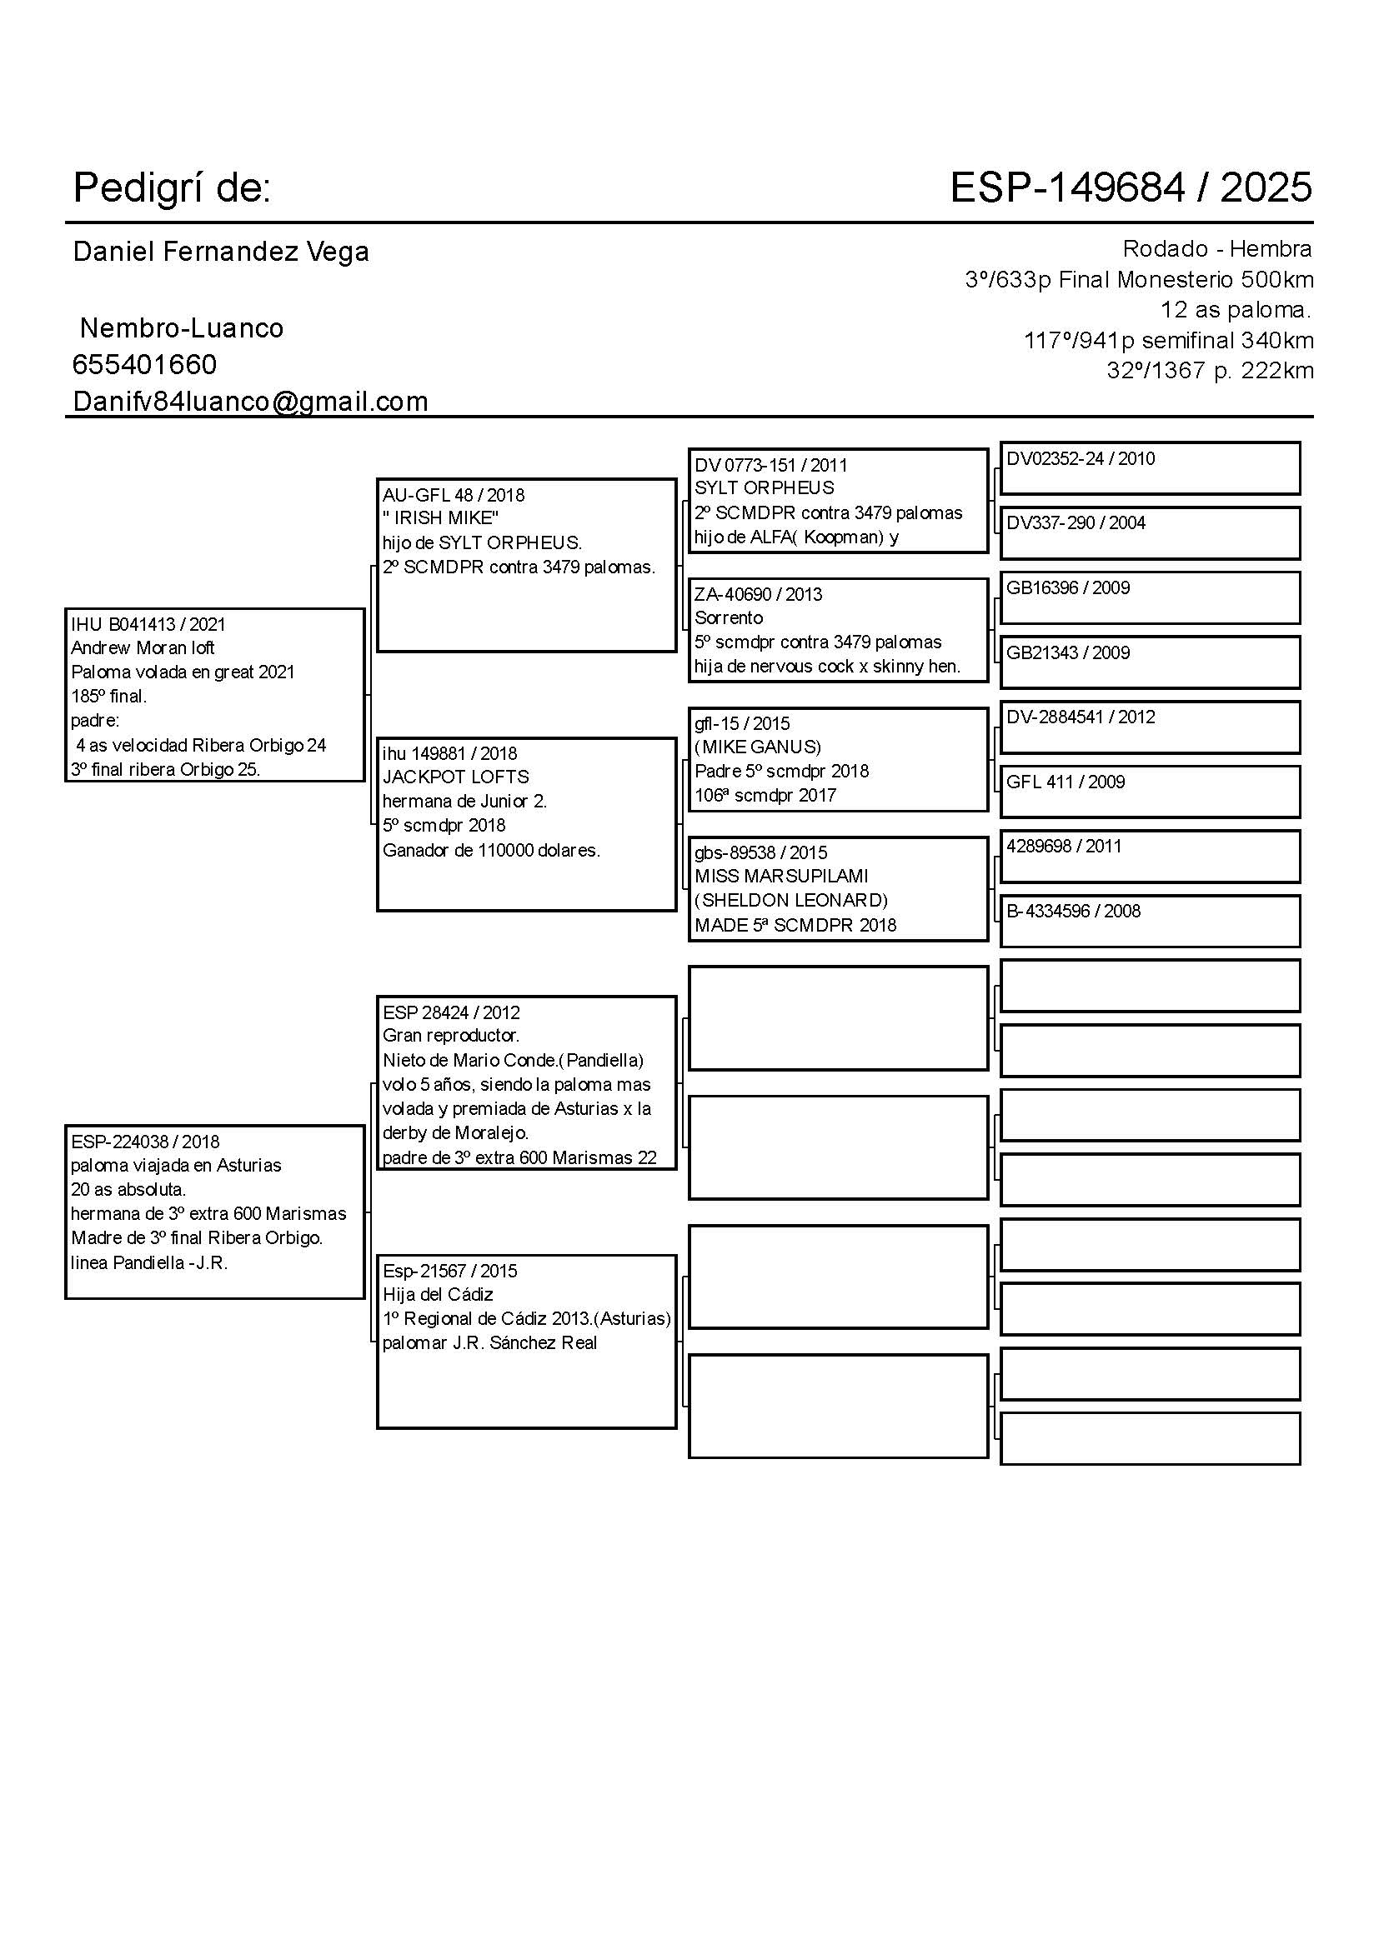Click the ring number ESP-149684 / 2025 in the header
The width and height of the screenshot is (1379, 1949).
pyautogui.click(x=1131, y=187)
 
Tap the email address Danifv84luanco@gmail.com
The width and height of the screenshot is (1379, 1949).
pyautogui.click(x=250, y=401)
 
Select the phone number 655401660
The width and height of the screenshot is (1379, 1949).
pyautogui.click(x=144, y=364)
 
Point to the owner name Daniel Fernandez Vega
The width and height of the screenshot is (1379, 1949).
pyautogui.click(x=221, y=252)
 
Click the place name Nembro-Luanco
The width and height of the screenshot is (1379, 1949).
pyautogui.click(x=181, y=327)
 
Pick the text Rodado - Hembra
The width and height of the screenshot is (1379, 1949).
pyautogui.click(x=1216, y=248)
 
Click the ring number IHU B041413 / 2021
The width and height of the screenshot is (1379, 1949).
pyautogui.click(x=148, y=624)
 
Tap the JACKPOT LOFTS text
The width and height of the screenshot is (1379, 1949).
pyautogui.click(x=456, y=777)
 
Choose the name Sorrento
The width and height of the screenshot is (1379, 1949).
pyautogui.click(x=729, y=617)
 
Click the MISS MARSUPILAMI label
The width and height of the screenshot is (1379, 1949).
pyautogui.click(x=781, y=875)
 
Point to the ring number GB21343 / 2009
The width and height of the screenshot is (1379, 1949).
pyautogui.click(x=1067, y=652)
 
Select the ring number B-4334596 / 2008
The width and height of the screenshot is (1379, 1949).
pyautogui.click(x=1072, y=911)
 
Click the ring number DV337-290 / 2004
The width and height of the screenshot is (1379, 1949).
pyautogui.click(x=1075, y=523)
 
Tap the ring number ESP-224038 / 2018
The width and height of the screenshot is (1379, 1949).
pyautogui.click(x=145, y=1142)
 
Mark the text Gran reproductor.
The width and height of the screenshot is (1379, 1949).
pyautogui.click(x=451, y=1035)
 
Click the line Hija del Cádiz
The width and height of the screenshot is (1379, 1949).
pyautogui.click(x=438, y=1295)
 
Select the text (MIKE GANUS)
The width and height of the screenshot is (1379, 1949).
pyautogui.click(x=757, y=747)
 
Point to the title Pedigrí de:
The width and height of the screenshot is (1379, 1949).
pyautogui.click(x=172, y=187)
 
